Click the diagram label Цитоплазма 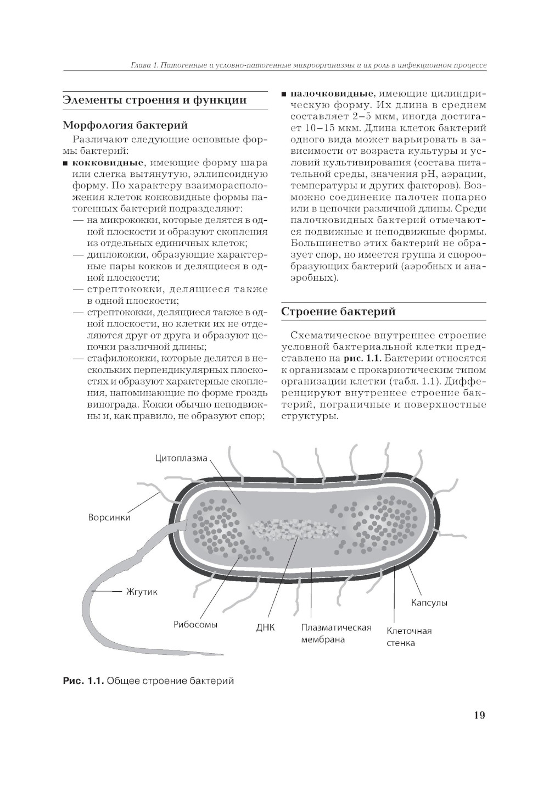coord(181,458)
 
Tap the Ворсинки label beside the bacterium coord(109,517)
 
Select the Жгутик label coord(142,592)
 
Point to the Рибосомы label coord(195,625)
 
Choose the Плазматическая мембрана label coord(336,633)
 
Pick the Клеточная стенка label coord(409,637)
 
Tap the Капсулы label coord(429,603)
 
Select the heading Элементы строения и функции coord(154,100)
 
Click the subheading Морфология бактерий coord(126,126)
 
